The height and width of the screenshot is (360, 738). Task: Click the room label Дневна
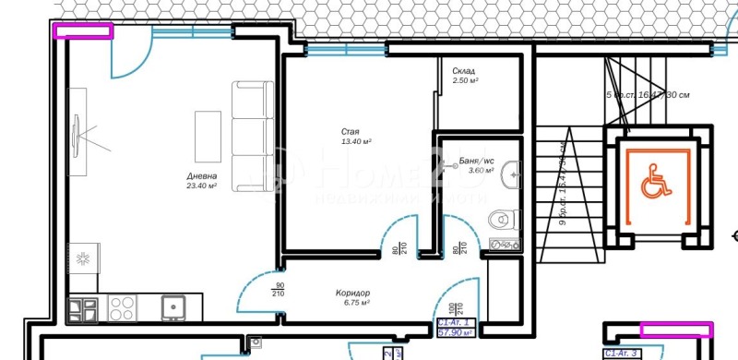click(201, 175)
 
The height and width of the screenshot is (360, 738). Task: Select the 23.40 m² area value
click(201, 186)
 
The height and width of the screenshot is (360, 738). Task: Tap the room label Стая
click(351, 132)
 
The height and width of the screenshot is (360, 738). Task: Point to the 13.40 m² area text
click(356, 142)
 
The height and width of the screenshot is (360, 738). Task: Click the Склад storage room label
click(464, 71)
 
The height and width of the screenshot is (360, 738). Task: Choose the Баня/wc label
click(476, 161)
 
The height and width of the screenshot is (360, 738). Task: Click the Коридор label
click(352, 293)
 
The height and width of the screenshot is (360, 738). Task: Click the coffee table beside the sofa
click(208, 135)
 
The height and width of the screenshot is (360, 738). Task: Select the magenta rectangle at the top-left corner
click(84, 31)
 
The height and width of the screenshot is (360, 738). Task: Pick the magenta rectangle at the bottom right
click(677, 329)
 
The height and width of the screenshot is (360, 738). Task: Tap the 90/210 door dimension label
click(278, 288)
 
